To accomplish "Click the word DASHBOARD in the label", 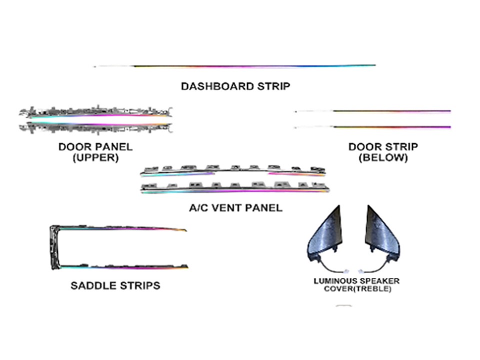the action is click(x=217, y=86).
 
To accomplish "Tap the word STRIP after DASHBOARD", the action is click(x=273, y=86).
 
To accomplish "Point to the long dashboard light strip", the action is click(x=235, y=66).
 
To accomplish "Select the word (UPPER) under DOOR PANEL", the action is click(x=95, y=157).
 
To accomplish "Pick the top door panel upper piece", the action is click(x=95, y=112).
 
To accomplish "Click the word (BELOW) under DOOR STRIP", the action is click(x=383, y=157).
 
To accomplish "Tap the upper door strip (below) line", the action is click(x=373, y=111).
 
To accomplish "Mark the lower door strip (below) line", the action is click(x=373, y=127).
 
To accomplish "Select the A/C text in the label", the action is click(x=199, y=208).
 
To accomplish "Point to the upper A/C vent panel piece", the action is click(x=233, y=171).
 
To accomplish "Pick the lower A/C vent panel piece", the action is click(x=235, y=188).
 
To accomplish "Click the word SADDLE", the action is click(x=93, y=286).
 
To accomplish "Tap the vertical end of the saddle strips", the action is click(x=54, y=247).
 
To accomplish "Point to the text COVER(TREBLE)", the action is click(x=357, y=289).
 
